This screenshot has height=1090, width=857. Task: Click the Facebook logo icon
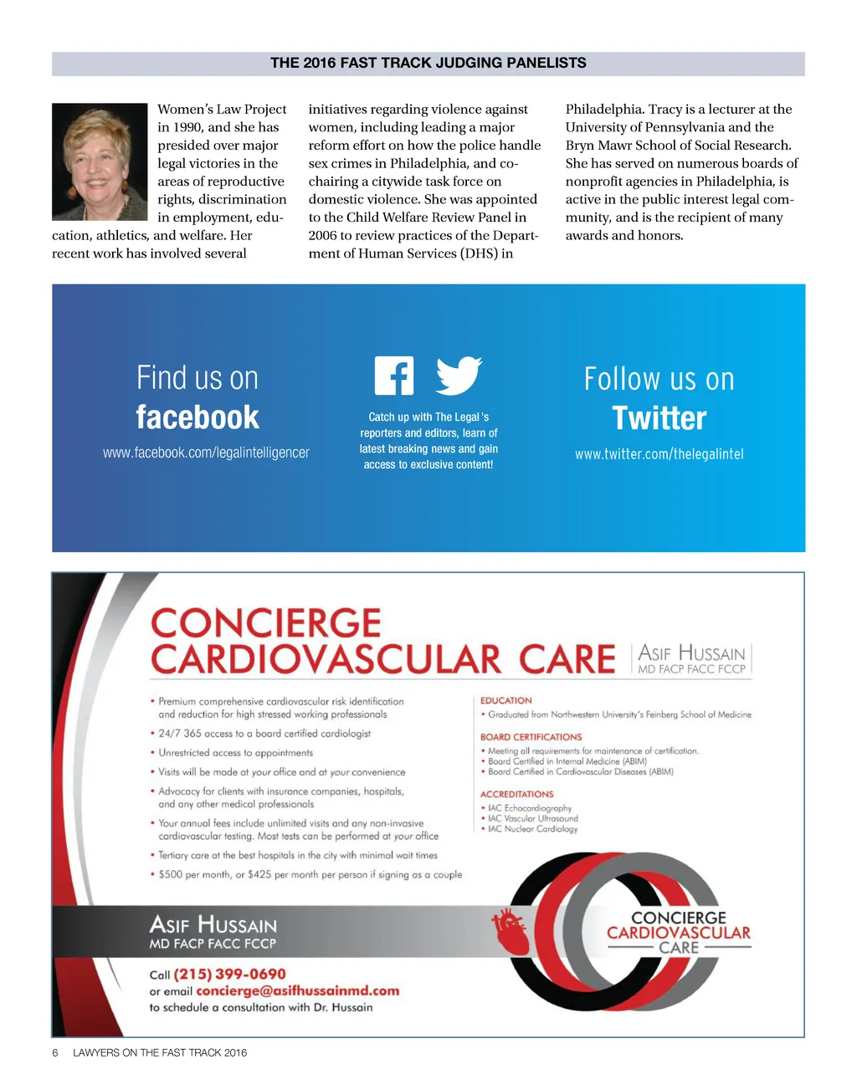point(394,376)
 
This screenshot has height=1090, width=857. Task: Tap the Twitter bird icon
point(459,376)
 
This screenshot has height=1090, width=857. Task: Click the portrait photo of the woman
point(100,161)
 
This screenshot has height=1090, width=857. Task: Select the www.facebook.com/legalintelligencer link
point(206,453)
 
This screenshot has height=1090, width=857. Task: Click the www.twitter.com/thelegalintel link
point(659,454)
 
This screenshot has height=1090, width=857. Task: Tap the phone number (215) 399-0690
point(229,974)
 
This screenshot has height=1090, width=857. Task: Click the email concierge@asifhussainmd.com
point(297,990)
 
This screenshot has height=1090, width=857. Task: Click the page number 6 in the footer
point(55,1052)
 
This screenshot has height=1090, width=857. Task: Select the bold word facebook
point(198,417)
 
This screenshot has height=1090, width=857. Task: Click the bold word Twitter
point(659,418)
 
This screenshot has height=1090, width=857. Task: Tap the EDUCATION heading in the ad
point(505,700)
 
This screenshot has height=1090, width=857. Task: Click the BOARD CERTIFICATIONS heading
point(531,737)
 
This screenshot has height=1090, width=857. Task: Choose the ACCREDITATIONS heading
point(516,794)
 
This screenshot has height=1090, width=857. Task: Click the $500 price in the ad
point(172,874)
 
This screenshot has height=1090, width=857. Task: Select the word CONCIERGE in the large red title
point(265,624)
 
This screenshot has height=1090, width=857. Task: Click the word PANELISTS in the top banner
point(546,63)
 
